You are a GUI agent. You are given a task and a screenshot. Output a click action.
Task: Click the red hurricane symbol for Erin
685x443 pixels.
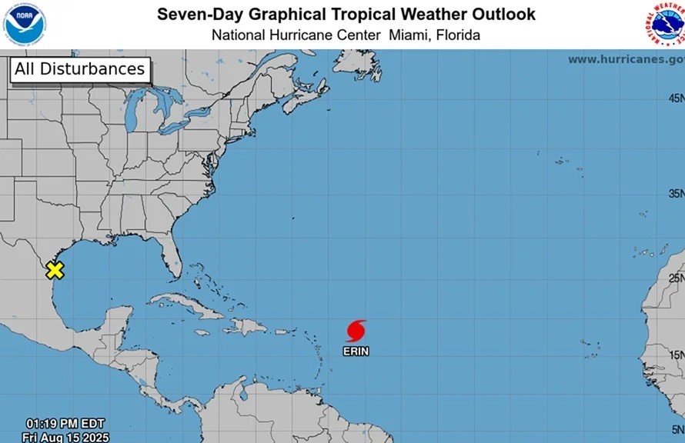[356, 331]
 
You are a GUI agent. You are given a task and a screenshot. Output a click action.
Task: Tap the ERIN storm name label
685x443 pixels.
[356, 351]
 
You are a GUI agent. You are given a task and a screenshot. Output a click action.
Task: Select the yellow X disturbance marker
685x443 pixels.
[55, 270]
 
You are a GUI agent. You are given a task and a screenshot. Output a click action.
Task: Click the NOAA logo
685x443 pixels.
[25, 24]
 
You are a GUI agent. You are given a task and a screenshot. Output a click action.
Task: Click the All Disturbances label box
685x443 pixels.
[79, 69]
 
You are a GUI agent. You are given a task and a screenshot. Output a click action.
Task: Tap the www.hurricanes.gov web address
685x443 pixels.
[626, 59]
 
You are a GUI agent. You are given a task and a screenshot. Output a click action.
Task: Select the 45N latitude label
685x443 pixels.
[676, 98]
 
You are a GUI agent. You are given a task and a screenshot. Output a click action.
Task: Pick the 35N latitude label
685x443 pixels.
[676, 193]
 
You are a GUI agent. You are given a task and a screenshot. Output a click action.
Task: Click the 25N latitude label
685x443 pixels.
[676, 278]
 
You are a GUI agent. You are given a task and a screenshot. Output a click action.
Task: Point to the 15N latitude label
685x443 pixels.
[676, 355]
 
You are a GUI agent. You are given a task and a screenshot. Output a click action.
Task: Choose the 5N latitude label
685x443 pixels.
[677, 430]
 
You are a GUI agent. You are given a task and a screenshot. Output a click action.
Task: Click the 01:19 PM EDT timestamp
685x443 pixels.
[65, 424]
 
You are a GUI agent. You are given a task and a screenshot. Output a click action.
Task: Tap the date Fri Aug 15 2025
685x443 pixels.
[65, 438]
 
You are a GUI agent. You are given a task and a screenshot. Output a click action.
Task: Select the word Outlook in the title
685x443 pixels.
[505, 15]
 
